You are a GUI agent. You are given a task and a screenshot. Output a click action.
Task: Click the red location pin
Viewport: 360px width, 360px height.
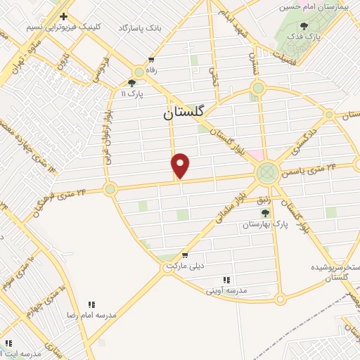coord(181,165)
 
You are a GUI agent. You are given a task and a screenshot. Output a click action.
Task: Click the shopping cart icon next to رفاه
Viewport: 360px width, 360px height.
coord(151,60)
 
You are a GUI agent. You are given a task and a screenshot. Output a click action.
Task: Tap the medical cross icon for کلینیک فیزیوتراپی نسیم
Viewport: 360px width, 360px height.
coord(63,16)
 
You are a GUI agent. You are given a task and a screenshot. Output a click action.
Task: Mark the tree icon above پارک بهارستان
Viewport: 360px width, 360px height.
coord(265,213)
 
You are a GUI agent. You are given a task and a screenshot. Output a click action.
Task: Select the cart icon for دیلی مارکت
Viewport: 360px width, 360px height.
coord(184,255)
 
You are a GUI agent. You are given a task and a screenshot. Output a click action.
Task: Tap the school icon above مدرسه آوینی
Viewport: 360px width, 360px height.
coord(226,279)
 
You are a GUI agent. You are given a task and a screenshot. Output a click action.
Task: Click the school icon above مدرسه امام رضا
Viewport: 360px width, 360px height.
coord(91,304)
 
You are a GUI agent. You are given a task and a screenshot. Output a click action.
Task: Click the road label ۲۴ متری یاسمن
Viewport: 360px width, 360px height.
coord(325,169)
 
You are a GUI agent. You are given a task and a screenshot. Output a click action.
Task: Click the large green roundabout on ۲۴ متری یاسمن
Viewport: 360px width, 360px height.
coord(267,172)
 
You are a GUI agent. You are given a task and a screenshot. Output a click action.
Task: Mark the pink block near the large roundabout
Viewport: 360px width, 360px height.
coord(255,155)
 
